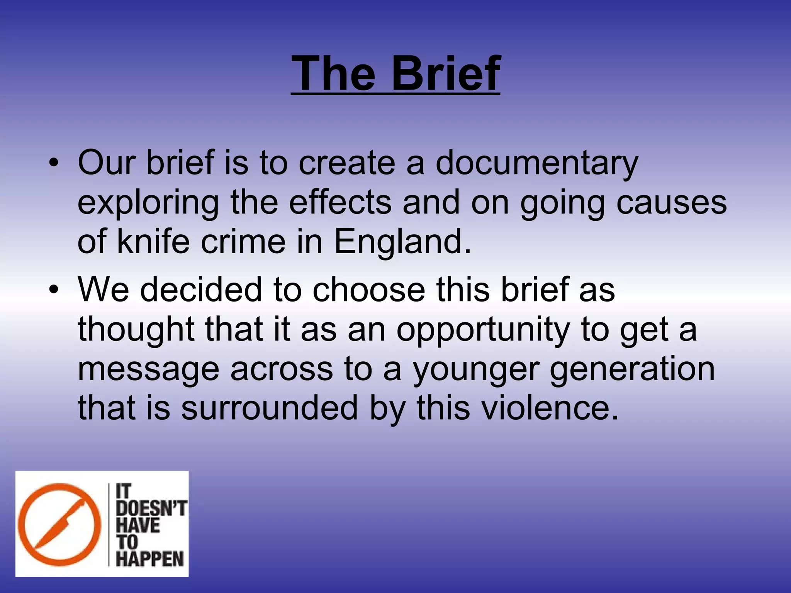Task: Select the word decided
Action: (201, 290)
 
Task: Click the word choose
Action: (368, 290)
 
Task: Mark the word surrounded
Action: (270, 408)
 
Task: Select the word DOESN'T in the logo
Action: (151, 508)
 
